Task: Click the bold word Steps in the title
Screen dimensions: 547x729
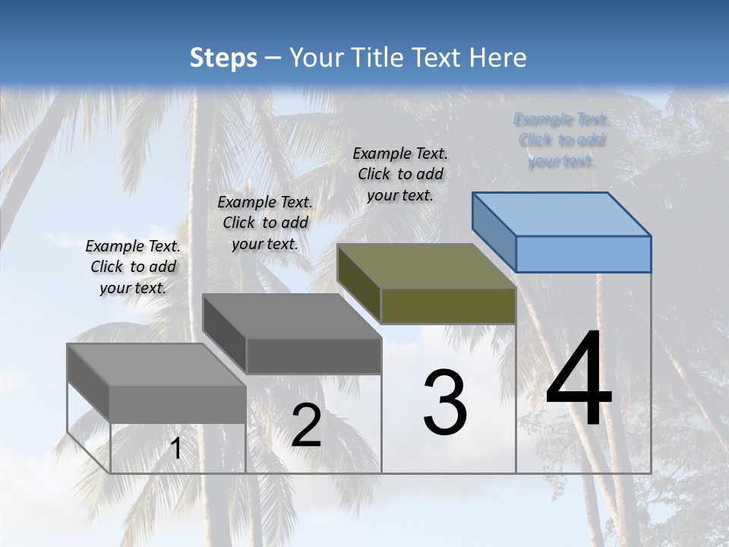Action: [223, 58]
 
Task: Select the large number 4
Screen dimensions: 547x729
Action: [579, 380]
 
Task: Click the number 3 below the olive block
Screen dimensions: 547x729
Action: [445, 403]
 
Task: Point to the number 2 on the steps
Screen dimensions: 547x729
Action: [306, 426]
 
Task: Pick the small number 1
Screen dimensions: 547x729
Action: [176, 449]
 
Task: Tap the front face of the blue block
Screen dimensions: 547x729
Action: [583, 254]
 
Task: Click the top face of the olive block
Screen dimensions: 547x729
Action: [425, 266]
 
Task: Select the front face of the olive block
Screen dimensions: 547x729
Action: [448, 306]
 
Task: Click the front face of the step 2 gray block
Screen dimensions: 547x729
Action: [314, 356]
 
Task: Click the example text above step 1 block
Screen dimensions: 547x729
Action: [133, 267]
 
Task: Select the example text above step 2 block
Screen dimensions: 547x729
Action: [265, 223]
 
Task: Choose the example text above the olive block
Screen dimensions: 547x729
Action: [400, 174]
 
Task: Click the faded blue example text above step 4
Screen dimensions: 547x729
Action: [561, 140]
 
